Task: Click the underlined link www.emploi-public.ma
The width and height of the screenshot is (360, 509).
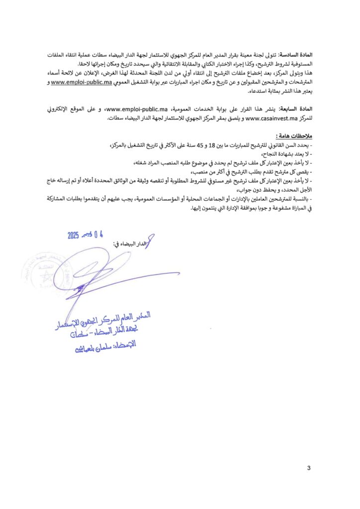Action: (81, 83)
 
